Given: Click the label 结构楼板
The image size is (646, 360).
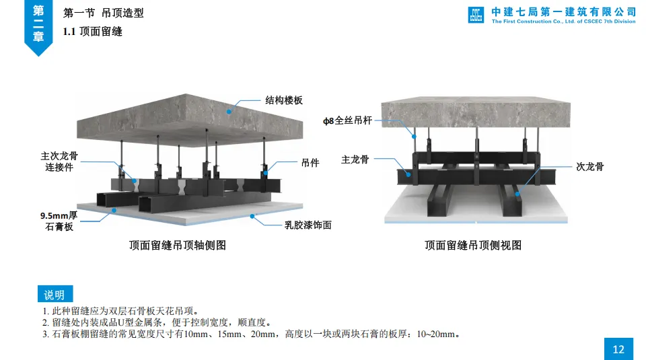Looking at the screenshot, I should (x=283, y=100).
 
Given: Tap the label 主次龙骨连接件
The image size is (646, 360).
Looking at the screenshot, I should (x=59, y=161).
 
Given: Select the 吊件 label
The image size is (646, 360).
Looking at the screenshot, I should (x=310, y=162).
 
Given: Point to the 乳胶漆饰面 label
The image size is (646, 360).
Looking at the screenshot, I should (x=308, y=225).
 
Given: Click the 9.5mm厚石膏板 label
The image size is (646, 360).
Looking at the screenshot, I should (x=59, y=221).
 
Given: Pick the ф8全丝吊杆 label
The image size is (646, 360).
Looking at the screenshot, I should (x=347, y=120).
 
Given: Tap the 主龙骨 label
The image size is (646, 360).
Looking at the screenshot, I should (x=355, y=159).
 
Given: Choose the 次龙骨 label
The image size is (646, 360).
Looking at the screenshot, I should (x=589, y=166).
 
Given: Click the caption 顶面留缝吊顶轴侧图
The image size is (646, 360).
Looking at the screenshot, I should (x=178, y=246).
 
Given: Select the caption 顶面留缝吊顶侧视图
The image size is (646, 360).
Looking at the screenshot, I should (x=473, y=246).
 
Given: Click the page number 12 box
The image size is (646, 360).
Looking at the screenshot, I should (x=618, y=349).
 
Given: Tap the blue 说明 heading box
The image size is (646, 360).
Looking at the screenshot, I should (x=55, y=295).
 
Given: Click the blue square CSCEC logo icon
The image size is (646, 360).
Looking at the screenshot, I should (x=476, y=15).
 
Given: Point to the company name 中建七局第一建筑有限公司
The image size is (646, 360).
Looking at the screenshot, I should (x=563, y=11).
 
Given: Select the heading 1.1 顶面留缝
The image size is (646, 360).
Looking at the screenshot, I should (x=93, y=31).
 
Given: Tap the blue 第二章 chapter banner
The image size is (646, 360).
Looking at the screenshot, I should (x=39, y=25).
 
